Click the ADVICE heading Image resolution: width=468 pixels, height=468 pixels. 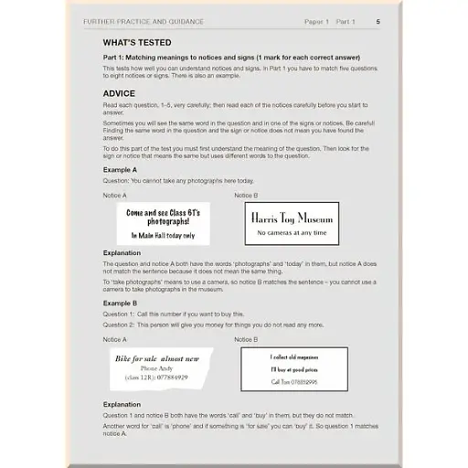[119, 93]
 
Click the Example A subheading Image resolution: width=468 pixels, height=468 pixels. [120, 169]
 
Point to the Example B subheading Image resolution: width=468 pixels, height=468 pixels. [120, 303]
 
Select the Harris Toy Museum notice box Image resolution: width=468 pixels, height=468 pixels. [290, 224]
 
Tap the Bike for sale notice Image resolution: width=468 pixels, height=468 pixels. [158, 367]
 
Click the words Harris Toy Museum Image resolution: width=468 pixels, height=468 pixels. [290, 218]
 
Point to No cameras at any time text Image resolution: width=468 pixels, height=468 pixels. [290, 233]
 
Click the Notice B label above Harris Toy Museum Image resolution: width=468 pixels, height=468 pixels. [246, 196]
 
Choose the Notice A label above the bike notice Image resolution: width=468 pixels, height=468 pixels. [115, 338]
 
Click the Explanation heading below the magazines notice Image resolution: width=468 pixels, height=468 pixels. [122, 404]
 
